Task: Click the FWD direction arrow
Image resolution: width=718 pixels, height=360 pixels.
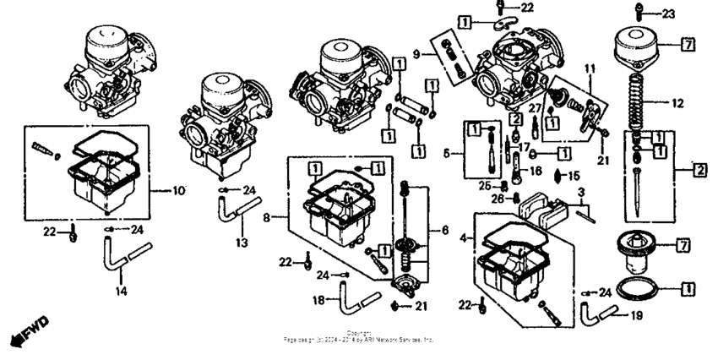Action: (28, 332)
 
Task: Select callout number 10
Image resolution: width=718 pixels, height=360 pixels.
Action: (178, 191)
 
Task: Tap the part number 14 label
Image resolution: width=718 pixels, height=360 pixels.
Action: (121, 291)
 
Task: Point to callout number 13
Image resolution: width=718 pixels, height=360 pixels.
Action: (241, 243)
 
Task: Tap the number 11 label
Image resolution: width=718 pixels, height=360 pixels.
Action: (590, 67)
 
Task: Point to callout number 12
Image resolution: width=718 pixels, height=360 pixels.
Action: (676, 106)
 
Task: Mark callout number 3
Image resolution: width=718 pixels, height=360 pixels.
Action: (581, 194)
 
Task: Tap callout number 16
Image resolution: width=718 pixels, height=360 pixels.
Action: (535, 170)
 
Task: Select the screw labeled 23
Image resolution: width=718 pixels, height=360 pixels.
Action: (640, 14)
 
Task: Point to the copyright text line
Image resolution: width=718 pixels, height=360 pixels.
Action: (359, 337)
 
